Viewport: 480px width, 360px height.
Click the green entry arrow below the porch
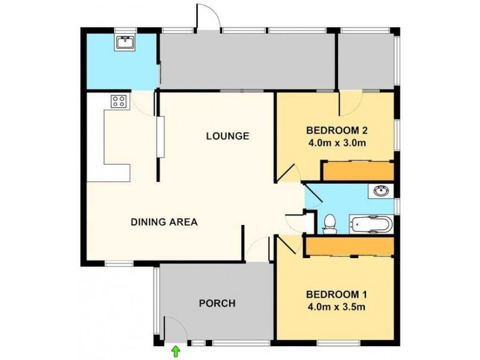175,349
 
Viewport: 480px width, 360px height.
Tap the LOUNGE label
227,136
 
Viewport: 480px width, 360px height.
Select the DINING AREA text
164,222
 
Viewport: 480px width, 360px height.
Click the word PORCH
217,303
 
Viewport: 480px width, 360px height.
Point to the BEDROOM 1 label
336,295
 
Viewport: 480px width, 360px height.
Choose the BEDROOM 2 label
336,131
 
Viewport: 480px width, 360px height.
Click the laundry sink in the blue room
126,42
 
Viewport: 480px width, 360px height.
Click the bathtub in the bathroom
372,224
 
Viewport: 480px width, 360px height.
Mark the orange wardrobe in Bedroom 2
358,171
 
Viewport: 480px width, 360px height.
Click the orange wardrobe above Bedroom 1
349,246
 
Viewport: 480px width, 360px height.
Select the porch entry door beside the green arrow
172,329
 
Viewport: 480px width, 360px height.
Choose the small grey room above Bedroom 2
366,60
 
